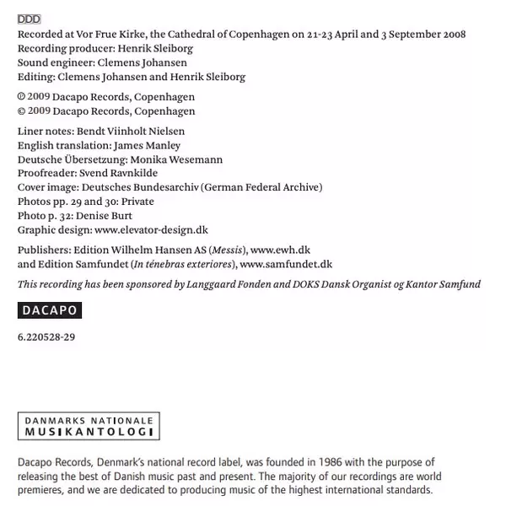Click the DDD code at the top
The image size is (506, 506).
29,19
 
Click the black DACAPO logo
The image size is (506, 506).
49,310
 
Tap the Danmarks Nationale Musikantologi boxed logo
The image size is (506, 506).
89,426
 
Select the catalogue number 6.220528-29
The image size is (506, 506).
46,337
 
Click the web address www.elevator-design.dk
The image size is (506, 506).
151,229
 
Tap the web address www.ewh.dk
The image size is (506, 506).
281,250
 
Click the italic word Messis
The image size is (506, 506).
225,250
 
